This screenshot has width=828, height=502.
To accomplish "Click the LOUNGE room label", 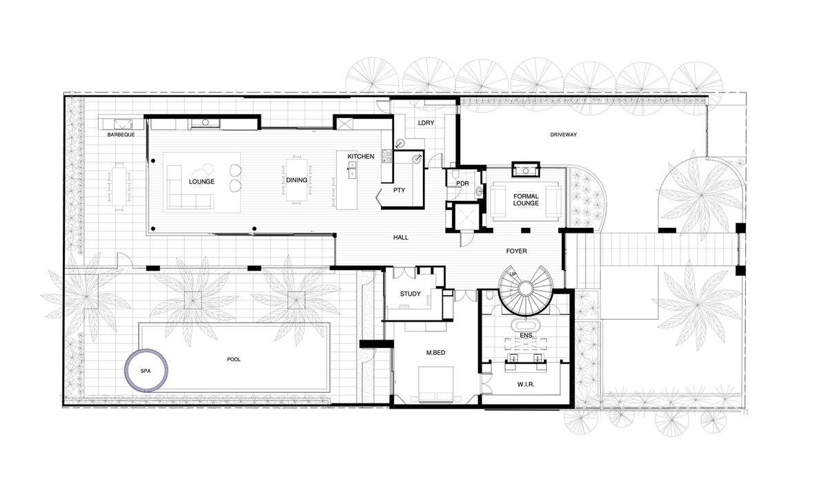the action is tap(201, 182).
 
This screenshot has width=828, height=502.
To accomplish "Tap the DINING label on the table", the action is tap(297, 180).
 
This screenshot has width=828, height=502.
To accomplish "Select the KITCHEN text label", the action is tap(361, 157).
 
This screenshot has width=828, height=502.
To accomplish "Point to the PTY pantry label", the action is tap(400, 190).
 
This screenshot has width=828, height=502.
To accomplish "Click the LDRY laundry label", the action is tap(426, 123).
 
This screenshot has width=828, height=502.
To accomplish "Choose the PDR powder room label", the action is tap(462, 184).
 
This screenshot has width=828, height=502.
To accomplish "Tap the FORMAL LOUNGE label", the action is tap(526, 200).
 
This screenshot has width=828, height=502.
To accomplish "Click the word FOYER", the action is tap(516, 251).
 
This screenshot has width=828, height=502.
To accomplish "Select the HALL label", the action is tap(401, 238).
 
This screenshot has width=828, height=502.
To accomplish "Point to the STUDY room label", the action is tap(411, 294).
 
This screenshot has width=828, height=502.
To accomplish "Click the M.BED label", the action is tap(436, 353).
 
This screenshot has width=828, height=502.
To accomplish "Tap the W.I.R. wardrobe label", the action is tap(526, 385).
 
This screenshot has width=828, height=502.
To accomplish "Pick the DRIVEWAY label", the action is tap(563, 135).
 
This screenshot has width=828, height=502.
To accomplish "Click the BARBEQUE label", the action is tap(121, 135).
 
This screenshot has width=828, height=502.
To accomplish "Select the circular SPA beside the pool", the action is tap(146, 349).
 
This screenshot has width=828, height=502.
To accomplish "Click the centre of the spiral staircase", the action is tap(525, 289).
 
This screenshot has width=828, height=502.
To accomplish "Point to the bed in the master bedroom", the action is tap(436, 385).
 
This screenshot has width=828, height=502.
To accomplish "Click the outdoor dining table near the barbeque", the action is tap(119, 186).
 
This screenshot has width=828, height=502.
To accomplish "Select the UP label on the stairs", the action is tap(513, 275).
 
